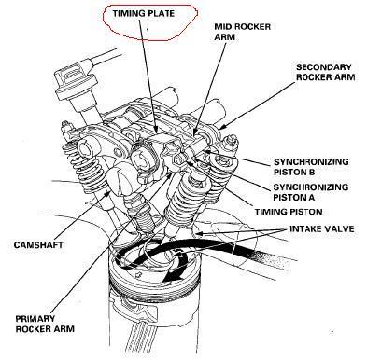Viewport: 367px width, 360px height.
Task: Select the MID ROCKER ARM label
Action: pyautogui.click(x=243, y=32)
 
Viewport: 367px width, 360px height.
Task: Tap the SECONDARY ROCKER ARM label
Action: pyautogui.click(x=326, y=72)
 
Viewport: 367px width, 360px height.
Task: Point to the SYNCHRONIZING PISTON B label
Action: pyautogui.click(x=311, y=167)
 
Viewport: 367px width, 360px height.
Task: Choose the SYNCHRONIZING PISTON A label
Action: pyautogui.click(x=311, y=192)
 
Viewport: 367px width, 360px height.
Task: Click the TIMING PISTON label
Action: pyautogui.click(x=289, y=212)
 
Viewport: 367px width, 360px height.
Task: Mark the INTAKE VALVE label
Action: pyautogui.click(x=322, y=229)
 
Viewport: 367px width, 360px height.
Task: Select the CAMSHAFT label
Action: pyautogui.click(x=38, y=245)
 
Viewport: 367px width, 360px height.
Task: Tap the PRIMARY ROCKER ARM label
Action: pyautogui.click(x=45, y=324)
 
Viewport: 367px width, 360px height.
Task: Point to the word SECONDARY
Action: pyautogui.click(x=324, y=67)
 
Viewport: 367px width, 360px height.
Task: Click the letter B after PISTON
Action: pyautogui.click(x=312, y=172)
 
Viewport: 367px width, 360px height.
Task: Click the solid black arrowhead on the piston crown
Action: pyautogui.click(x=172, y=275)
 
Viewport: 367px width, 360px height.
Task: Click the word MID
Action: pyautogui.click(x=222, y=26)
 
